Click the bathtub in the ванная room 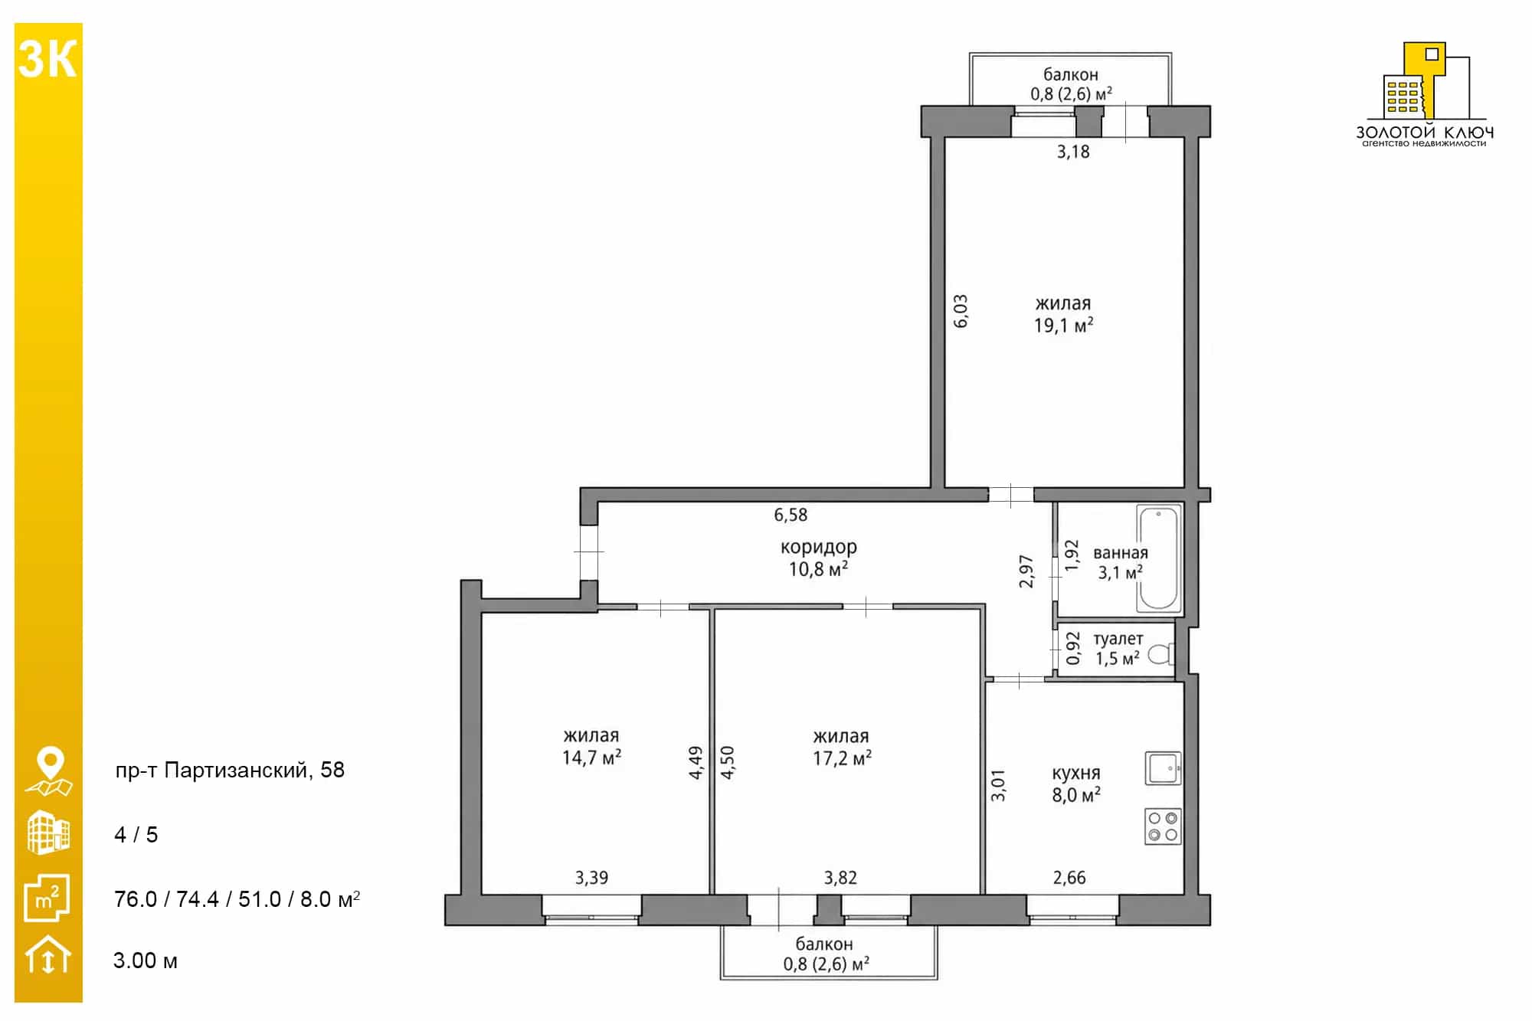1158,558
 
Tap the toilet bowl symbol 1161,654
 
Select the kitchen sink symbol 1163,767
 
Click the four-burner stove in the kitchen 1163,826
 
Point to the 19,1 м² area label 1063,326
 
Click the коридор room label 819,547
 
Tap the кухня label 1076,774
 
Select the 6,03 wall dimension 961,311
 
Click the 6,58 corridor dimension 791,515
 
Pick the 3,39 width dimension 592,878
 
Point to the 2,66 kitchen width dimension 1069,878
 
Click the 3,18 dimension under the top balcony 1073,152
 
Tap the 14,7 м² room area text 591,758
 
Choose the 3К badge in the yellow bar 47,59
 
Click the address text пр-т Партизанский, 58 230,770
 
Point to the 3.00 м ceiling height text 146,960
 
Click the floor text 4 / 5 136,834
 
